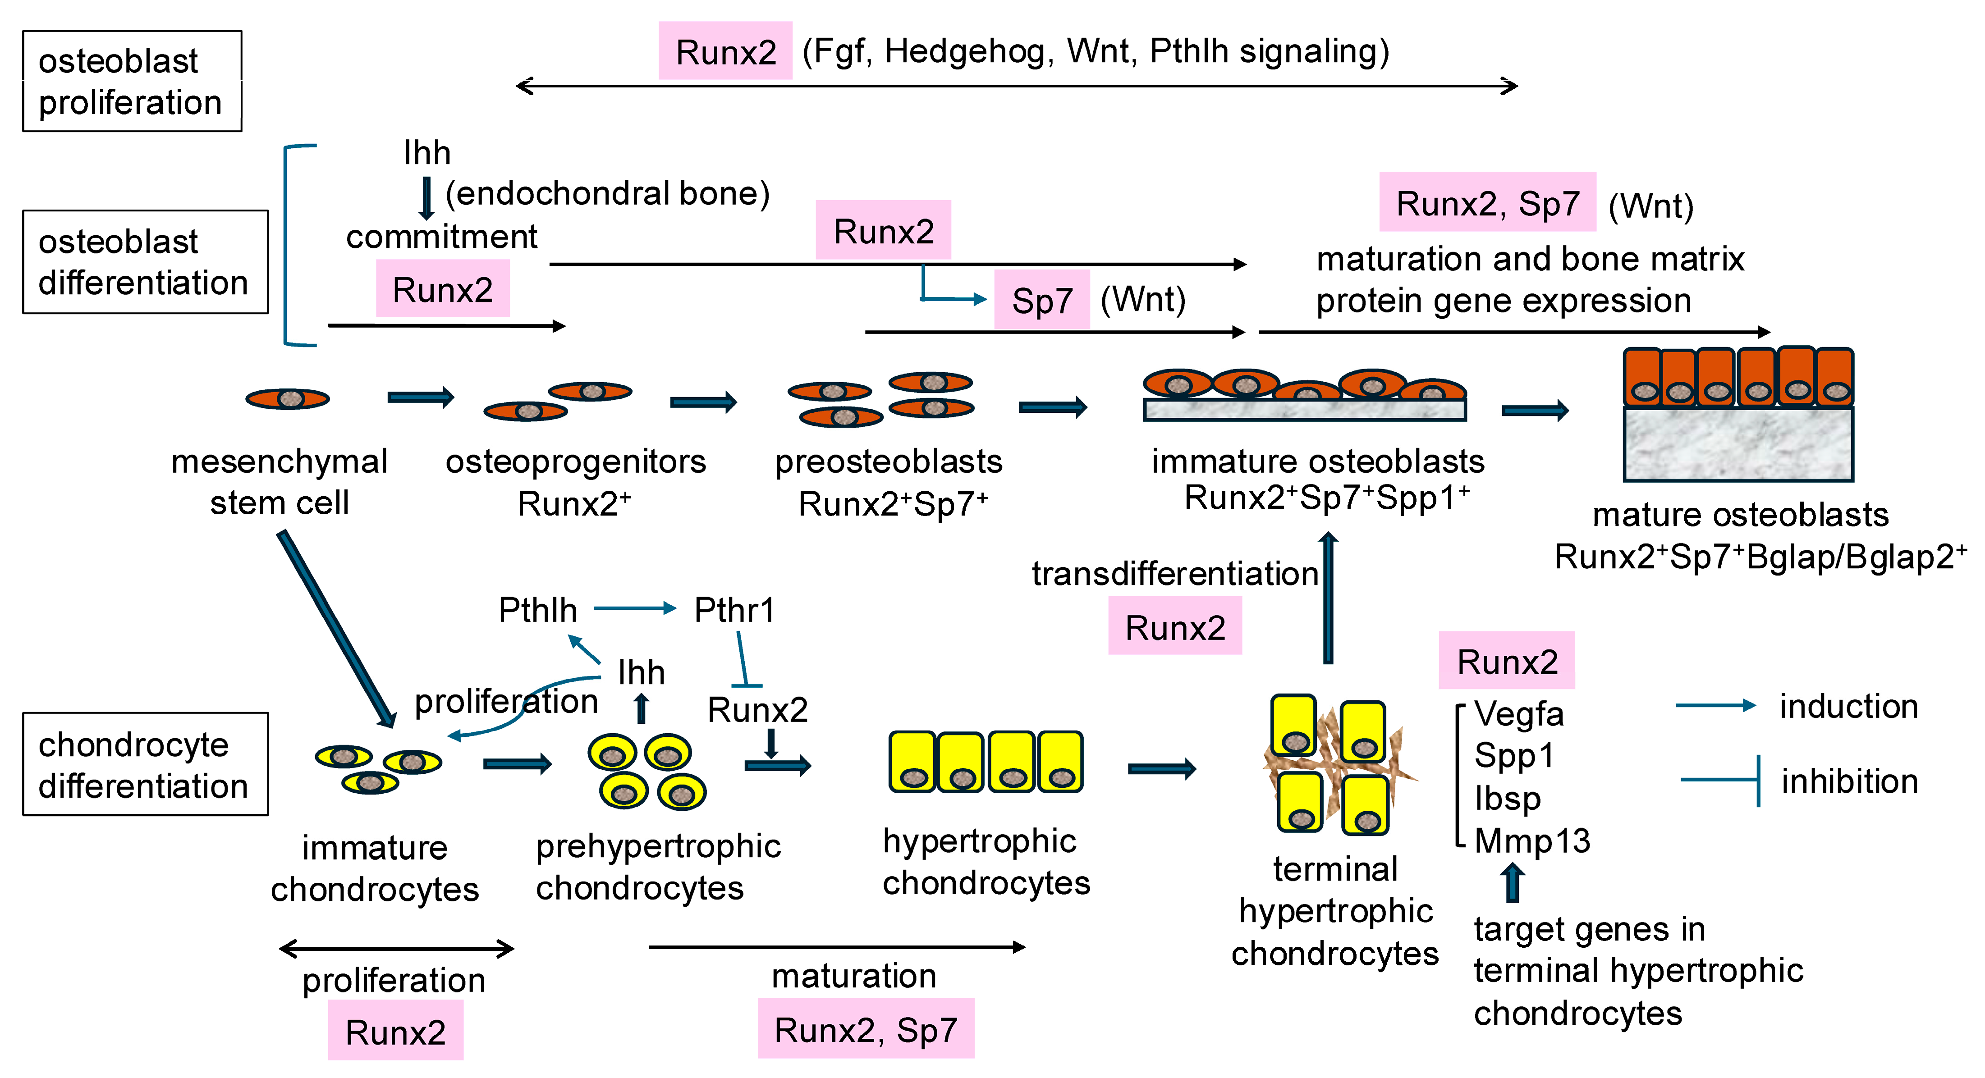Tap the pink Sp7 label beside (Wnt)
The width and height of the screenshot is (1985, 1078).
1042,300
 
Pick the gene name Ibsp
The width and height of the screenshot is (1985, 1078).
1507,798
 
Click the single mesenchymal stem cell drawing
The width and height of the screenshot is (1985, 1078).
288,398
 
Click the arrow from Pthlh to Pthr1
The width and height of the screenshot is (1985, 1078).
635,609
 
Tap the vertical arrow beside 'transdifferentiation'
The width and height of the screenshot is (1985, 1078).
1328,597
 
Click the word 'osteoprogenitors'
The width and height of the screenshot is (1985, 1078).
576,461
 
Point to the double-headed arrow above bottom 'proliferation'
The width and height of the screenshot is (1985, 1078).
396,949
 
